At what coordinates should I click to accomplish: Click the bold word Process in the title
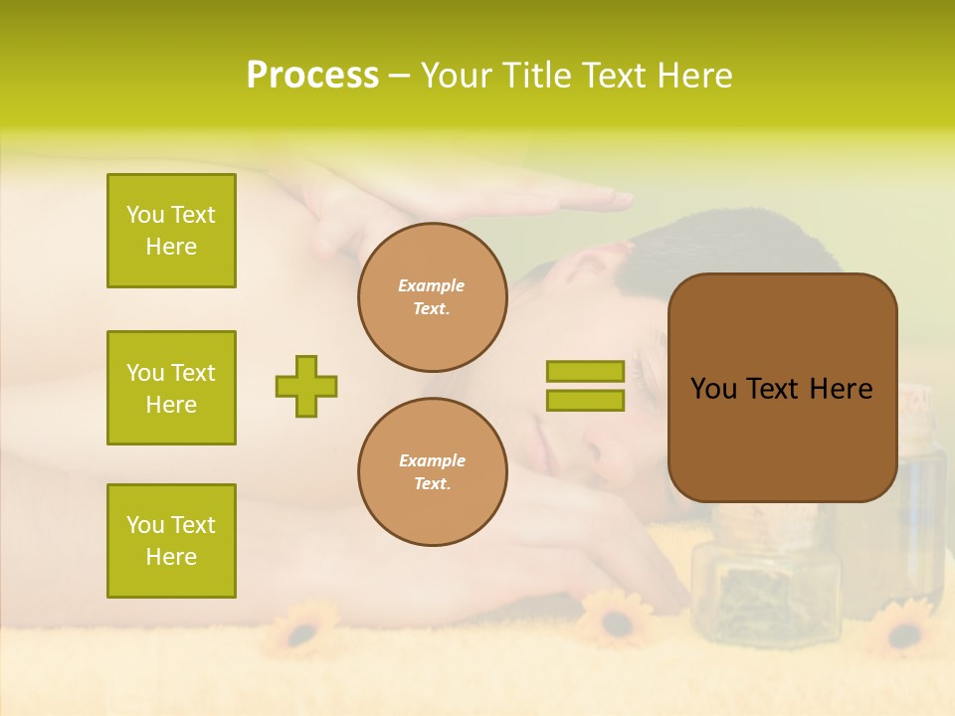[x=312, y=76]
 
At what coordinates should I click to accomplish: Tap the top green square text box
[x=171, y=231]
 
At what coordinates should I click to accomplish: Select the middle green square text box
[x=171, y=388]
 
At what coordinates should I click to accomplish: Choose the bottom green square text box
[x=171, y=541]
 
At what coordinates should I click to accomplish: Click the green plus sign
[x=306, y=386]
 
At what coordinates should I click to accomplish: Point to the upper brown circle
[x=432, y=297]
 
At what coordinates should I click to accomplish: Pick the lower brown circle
[x=432, y=472]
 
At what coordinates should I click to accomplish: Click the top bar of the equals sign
[x=585, y=371]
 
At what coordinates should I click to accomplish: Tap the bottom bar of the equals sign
[x=585, y=401]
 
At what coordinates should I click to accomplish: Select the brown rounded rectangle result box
[x=782, y=388]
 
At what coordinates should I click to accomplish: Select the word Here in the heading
[x=695, y=76]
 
